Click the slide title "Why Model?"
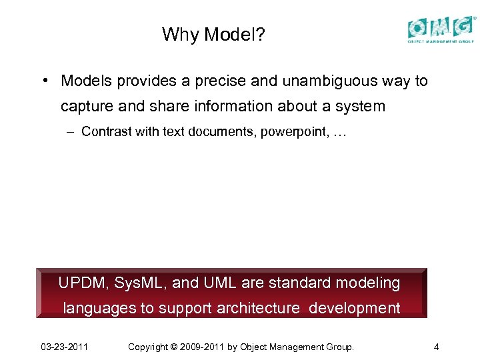coord(213,34)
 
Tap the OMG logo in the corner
coord(442,29)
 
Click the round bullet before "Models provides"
coord(42,81)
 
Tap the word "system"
coord(361,106)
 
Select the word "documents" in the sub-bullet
coord(219,131)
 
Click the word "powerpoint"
coord(291,131)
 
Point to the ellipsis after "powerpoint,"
coord(339,131)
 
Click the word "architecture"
coord(259,308)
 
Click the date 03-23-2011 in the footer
coord(65,347)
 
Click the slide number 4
coord(435,347)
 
